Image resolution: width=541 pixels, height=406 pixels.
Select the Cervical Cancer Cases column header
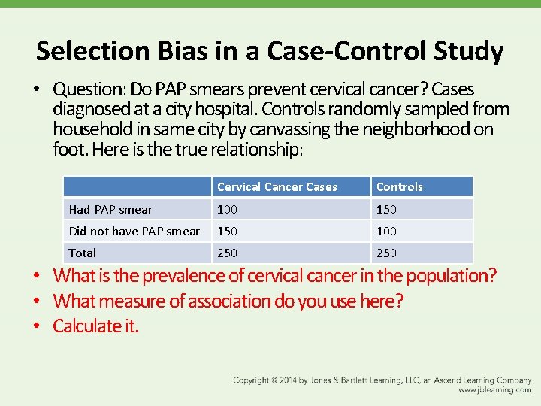tap(277, 187)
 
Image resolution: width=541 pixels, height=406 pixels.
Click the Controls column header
tap(399, 187)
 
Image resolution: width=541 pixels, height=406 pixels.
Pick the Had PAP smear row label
tap(110, 209)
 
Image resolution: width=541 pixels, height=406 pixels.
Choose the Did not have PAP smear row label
tap(134, 231)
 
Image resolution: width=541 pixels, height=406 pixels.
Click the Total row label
tap(82, 253)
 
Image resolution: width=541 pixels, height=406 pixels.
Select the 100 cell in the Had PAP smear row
tap(227, 209)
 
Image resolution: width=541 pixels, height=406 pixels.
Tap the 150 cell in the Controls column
tap(386, 209)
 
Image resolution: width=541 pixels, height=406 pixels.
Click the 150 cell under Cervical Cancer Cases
tap(227, 231)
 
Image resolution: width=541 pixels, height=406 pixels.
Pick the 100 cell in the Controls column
tap(386, 231)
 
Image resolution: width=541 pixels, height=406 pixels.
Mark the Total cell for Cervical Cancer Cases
tap(227, 253)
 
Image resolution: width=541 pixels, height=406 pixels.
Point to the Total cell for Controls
tap(386, 253)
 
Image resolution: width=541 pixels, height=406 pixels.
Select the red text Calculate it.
tap(95, 326)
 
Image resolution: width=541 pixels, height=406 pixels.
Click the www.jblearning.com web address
tap(494, 390)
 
